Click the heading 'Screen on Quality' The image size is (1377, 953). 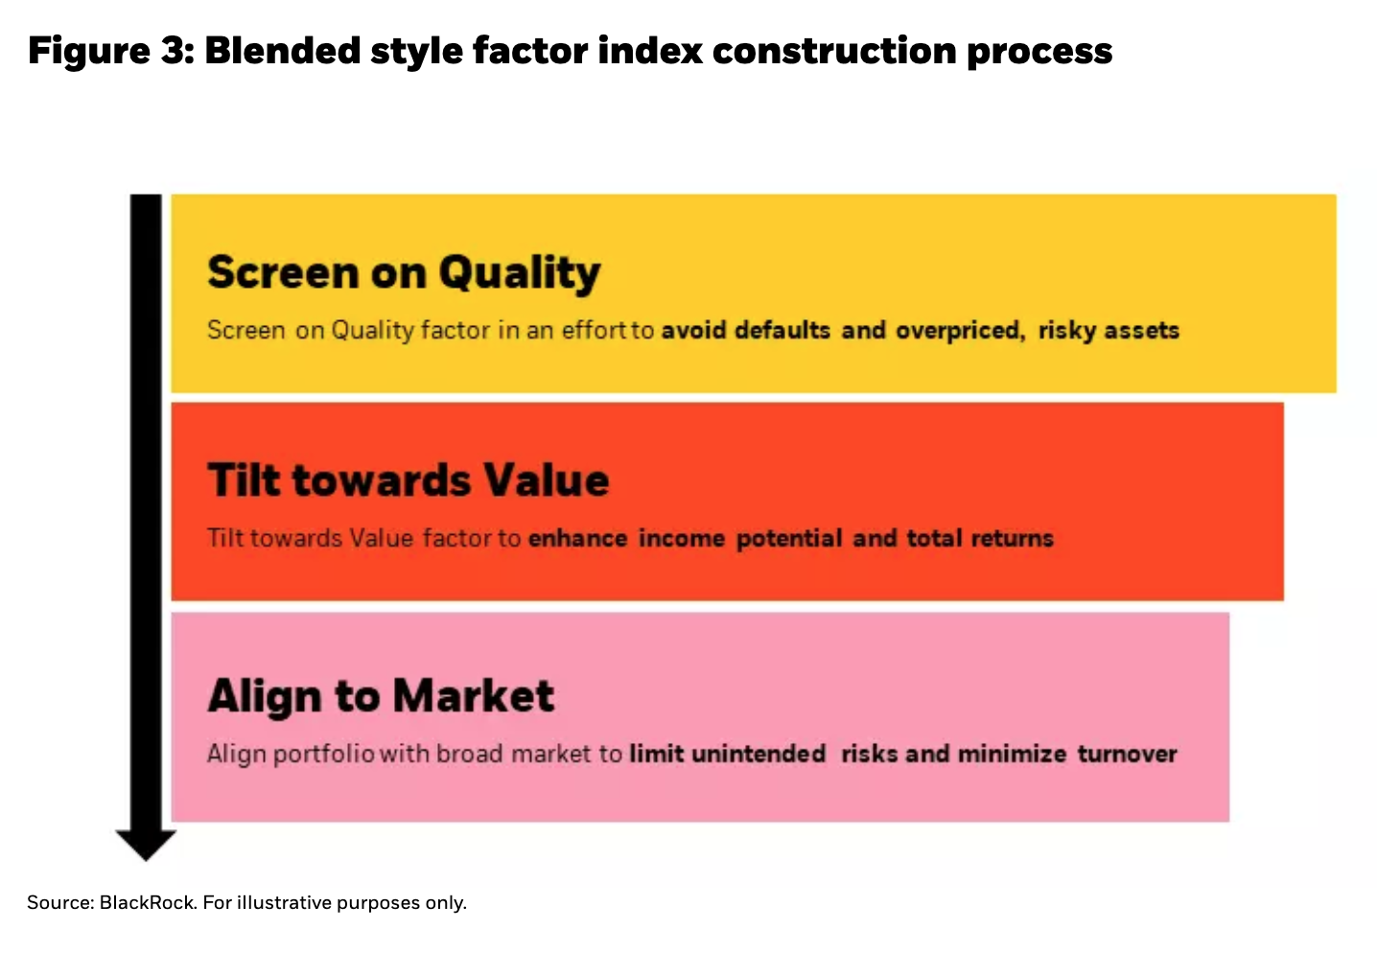pos(404,273)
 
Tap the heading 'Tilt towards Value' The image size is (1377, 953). pos(408,480)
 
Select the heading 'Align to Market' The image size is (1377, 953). pos(381,697)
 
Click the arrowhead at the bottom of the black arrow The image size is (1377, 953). pos(146,845)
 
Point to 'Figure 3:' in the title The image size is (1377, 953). pos(110,52)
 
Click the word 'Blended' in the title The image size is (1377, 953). pos(282,50)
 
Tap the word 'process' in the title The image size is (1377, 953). pos(1039,53)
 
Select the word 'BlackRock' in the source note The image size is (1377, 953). pos(148,902)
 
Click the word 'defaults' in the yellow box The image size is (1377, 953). pos(782,330)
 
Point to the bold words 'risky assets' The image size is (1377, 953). pos(1109,331)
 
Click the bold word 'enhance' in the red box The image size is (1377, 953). pos(578,538)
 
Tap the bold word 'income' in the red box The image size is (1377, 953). pos(682,538)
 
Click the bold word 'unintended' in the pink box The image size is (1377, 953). pos(759,754)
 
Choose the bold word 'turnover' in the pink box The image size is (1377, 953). pos(1128,754)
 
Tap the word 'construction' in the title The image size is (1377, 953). pos(834,51)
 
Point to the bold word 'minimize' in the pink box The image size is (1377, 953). pos(1012,754)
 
